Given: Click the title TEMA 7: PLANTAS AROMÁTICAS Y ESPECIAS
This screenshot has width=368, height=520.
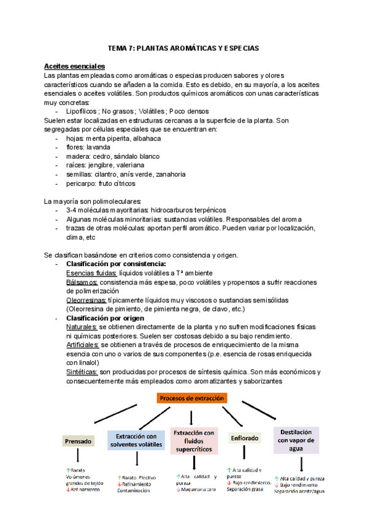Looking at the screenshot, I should pyautogui.click(x=183, y=47).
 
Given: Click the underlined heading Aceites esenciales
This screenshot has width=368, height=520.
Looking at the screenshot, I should pyautogui.click(x=74, y=66).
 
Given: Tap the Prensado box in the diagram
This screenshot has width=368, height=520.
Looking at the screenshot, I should pyautogui.click(x=78, y=441).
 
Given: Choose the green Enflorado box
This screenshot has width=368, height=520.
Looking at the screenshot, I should pyautogui.click(x=245, y=438).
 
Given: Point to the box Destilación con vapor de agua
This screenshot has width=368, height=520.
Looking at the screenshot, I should pyautogui.click(x=296, y=440).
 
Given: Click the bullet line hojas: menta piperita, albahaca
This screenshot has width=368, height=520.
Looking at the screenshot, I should pyautogui.click(x=107, y=139).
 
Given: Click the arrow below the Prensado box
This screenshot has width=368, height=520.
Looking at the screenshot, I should pyautogui.click(x=78, y=457).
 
